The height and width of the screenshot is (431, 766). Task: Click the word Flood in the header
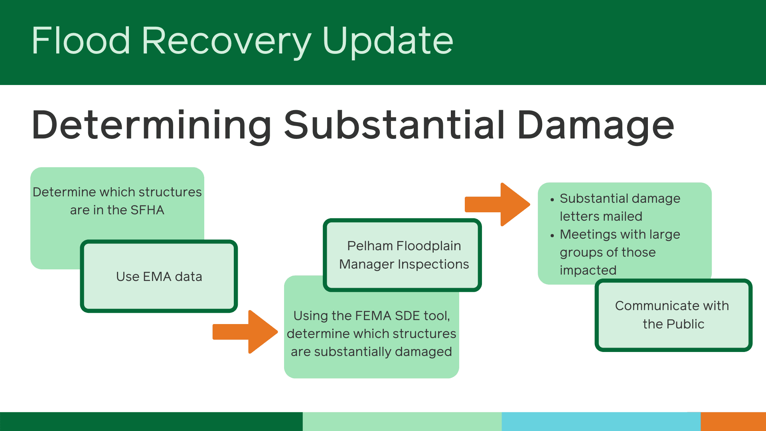[81, 41]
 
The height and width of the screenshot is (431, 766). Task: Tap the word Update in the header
[387, 41]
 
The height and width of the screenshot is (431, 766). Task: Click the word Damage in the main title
[595, 125]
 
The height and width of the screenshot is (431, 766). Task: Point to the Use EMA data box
[159, 276]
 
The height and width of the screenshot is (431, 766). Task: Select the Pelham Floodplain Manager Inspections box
[402, 255]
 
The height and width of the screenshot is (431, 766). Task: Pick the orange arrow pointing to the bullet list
[497, 204]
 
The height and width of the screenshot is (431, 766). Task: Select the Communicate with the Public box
[673, 315]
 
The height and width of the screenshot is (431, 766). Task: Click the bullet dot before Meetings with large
[552, 236]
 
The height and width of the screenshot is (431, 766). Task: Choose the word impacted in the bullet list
[588, 270]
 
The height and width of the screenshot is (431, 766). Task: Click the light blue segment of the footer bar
[601, 421]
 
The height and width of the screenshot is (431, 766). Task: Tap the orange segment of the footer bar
[733, 421]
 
